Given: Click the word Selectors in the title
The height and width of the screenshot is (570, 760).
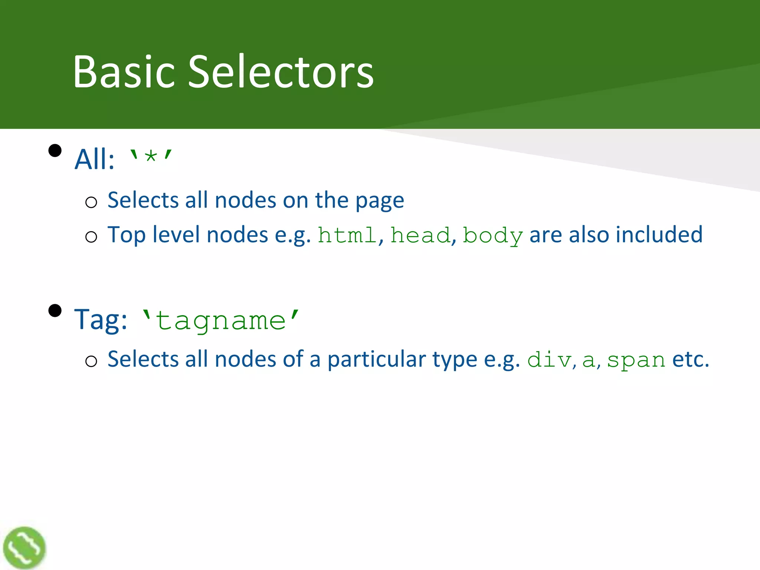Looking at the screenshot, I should click(x=281, y=71).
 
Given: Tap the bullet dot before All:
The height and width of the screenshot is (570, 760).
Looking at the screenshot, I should click(x=55, y=151).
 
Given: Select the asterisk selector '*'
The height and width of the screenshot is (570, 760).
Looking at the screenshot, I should click(x=150, y=157).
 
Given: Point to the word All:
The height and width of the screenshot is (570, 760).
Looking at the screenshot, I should click(x=94, y=159).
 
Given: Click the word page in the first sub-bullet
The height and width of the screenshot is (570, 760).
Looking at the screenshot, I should click(x=380, y=201).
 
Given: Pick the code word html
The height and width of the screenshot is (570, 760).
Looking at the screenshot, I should click(x=347, y=235).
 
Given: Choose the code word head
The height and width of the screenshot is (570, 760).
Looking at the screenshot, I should click(x=420, y=235).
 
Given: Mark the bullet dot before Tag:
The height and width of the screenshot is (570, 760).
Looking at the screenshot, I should click(x=55, y=310).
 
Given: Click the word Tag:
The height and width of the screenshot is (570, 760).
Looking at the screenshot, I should click(x=101, y=320).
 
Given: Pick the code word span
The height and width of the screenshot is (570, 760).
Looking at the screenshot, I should click(x=636, y=360).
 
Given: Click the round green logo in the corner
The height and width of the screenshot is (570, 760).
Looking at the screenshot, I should click(x=24, y=547).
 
